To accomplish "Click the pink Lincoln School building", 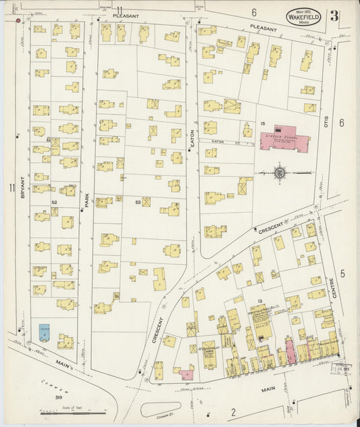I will pos(284,141).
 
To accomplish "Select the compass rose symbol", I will pos(280,173).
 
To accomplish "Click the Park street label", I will pos(87,201).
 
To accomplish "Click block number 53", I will pos(138,201).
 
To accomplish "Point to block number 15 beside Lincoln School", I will pos(266,124).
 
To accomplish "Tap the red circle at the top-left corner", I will pos(17,21).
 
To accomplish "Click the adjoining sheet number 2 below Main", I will pos(234,411).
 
